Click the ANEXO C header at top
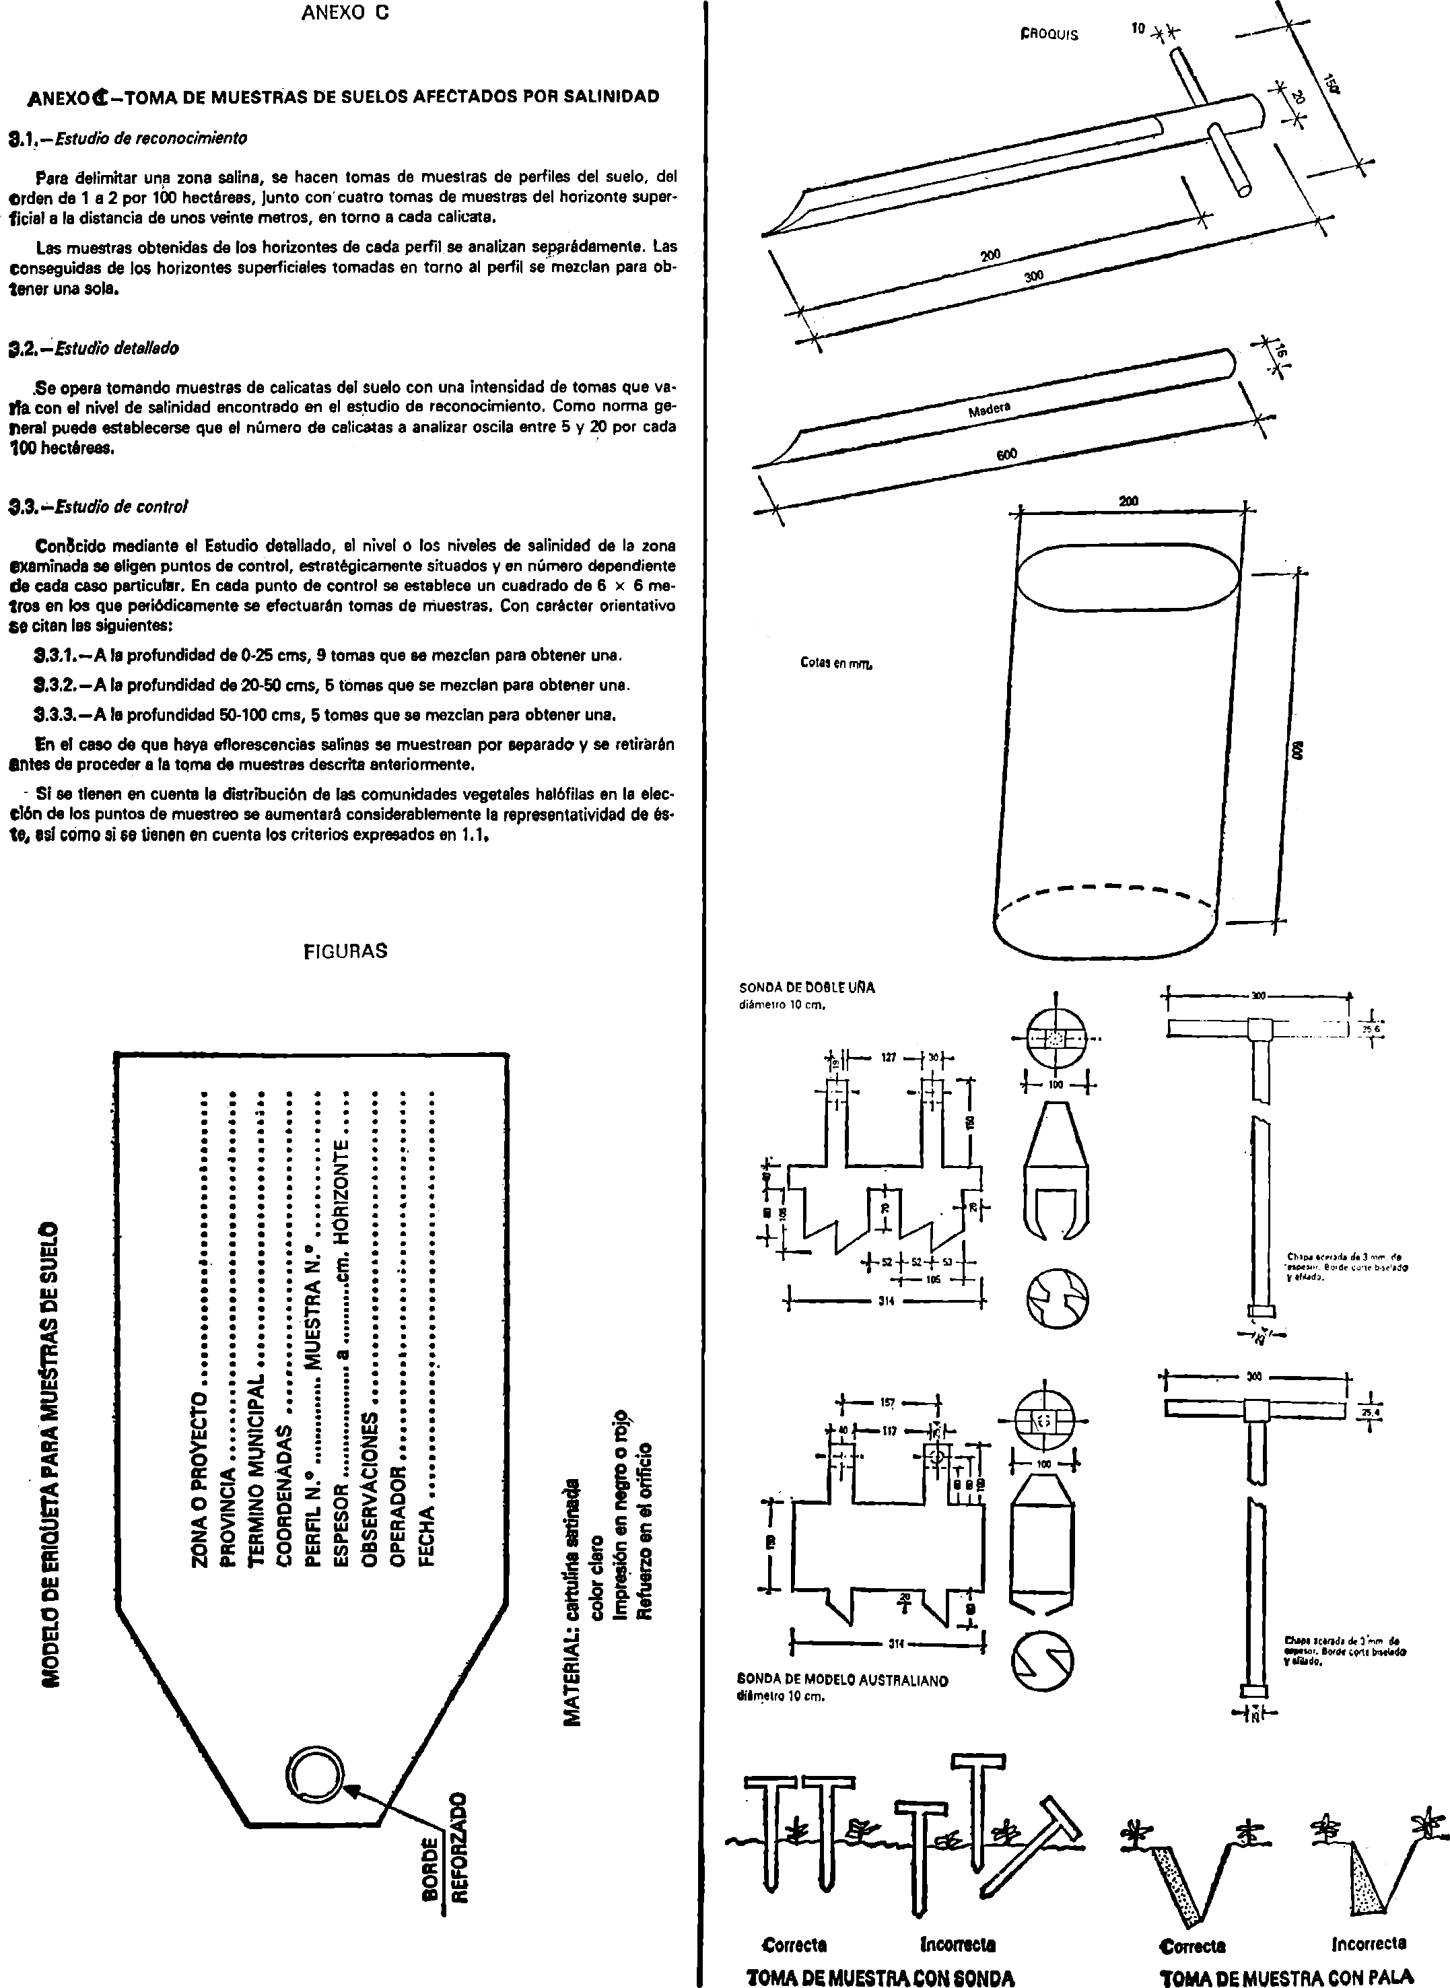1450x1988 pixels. tap(345, 13)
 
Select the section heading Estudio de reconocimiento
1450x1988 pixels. tap(150, 138)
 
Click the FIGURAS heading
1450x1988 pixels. tap(345, 951)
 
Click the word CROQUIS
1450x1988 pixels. tap(1049, 35)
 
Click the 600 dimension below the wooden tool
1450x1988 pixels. tap(1006, 454)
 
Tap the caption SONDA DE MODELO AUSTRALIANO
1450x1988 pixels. tap(843, 1681)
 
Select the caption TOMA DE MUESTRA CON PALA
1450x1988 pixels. tap(1286, 1977)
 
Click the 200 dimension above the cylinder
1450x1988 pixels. tap(1129, 501)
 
